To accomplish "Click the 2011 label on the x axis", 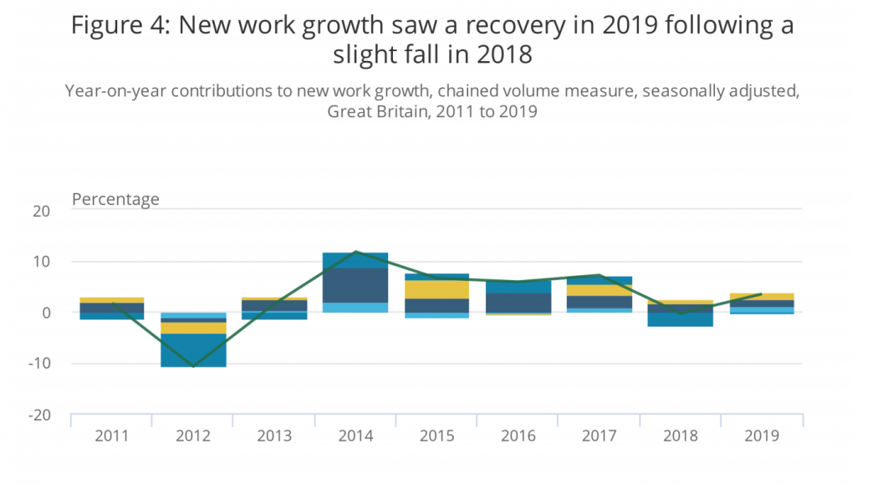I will click(x=112, y=436).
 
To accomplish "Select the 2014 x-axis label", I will click(x=356, y=436).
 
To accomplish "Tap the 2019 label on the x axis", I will click(x=763, y=436).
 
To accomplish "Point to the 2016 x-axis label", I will click(x=519, y=436).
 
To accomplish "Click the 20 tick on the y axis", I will click(x=41, y=211).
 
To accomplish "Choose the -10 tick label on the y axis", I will click(x=38, y=364).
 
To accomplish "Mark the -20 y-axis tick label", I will click(x=38, y=415).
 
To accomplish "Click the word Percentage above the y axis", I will click(x=115, y=199).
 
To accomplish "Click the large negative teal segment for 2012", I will click(x=193, y=350).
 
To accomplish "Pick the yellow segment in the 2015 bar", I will click(x=437, y=289).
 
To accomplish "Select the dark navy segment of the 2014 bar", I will click(x=356, y=285).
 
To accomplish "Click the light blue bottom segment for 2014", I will click(x=356, y=308).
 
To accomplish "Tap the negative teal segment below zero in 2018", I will click(x=681, y=319).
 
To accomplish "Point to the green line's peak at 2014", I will click(x=356, y=251).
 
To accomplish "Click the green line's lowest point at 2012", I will click(x=193, y=366).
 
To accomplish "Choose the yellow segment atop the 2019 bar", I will click(x=763, y=297).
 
